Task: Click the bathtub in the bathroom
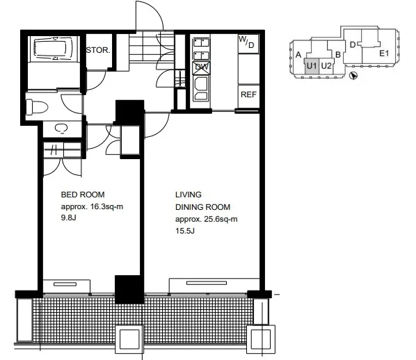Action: [53, 49]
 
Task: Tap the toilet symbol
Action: [37, 107]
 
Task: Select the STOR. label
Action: [98, 50]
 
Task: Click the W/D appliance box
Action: [248, 44]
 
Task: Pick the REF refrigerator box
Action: [248, 96]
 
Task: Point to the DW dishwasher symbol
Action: [202, 67]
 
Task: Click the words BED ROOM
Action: [83, 195]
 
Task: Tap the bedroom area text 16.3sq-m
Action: [107, 206]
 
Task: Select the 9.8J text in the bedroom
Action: [68, 218]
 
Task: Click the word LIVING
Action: [189, 195]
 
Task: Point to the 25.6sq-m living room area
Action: [221, 219]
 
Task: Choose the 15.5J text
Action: [185, 231]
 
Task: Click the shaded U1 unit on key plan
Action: [312, 66]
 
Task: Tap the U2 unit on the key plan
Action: [326, 66]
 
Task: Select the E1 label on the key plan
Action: [384, 54]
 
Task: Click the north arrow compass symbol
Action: [353, 76]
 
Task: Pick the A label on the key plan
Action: [298, 55]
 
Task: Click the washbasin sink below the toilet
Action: [61, 129]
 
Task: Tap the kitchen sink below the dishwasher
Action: [201, 88]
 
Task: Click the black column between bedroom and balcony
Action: [129, 289]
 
